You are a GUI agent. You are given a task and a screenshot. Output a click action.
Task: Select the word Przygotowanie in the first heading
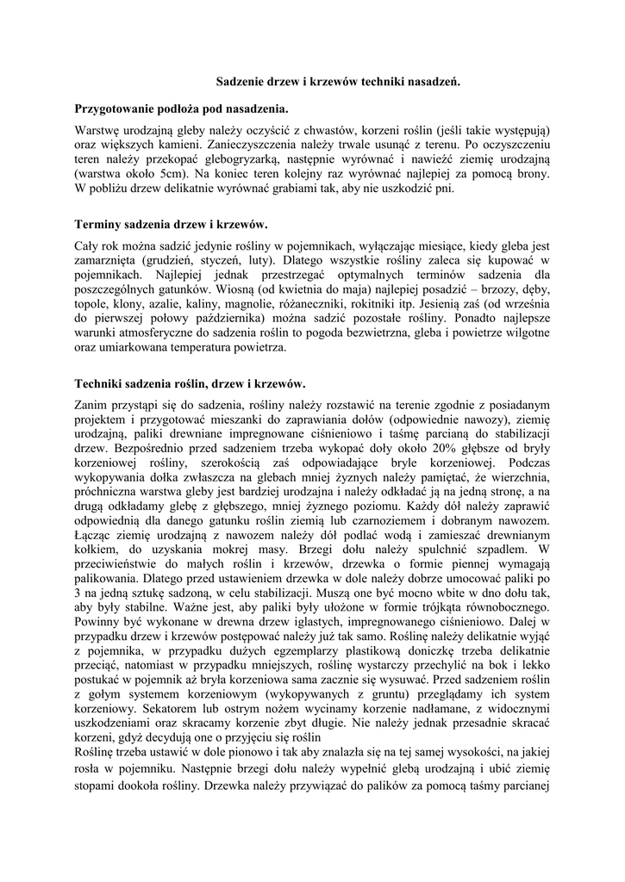pyautogui.click(x=117, y=109)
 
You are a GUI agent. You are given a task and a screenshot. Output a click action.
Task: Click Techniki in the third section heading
pyautogui.click(x=101, y=383)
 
